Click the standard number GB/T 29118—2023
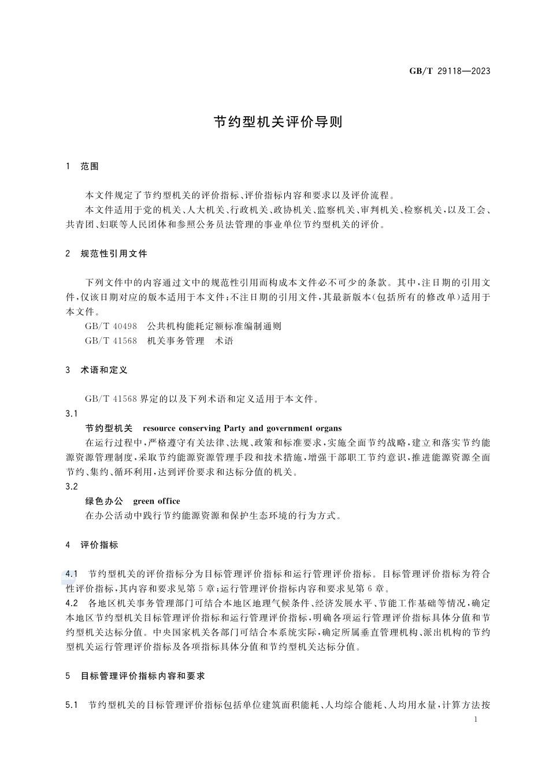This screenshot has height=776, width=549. [x=450, y=72]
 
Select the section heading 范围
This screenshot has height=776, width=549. [x=90, y=166]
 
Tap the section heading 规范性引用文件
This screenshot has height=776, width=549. [x=114, y=253]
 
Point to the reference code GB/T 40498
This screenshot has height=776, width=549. [x=111, y=326]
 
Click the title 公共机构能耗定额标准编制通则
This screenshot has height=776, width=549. [x=214, y=326]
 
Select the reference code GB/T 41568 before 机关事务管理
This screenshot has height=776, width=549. [x=111, y=341]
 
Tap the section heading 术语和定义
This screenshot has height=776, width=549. [x=104, y=370]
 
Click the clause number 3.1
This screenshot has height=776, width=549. [x=72, y=413]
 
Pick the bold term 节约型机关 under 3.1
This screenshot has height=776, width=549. [x=109, y=428]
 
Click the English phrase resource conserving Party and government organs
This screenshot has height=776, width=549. [x=242, y=428]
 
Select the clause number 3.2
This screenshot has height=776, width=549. [x=72, y=487]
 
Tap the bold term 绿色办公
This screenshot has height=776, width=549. [x=104, y=501]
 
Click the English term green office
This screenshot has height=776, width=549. [x=157, y=501]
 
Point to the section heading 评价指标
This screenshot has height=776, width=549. [x=99, y=545]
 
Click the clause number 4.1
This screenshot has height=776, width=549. [x=72, y=574]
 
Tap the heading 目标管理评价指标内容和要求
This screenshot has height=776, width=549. [x=143, y=676]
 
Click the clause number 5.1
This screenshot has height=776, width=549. [x=72, y=705]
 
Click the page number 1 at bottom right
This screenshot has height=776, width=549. [x=475, y=720]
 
